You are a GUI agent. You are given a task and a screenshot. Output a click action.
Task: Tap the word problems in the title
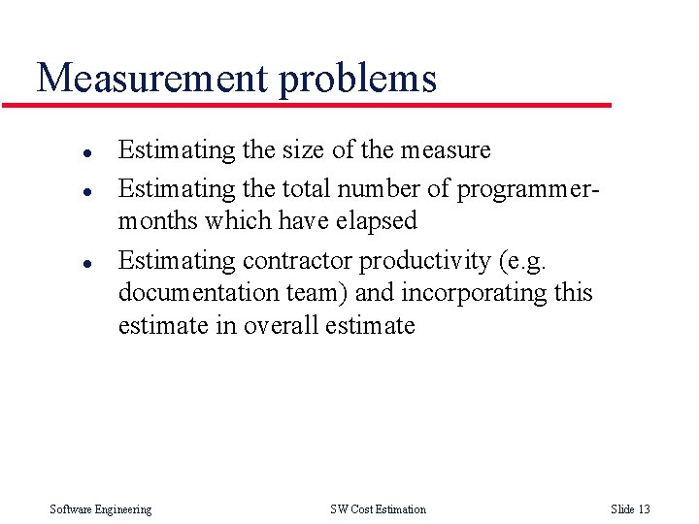[x=358, y=80]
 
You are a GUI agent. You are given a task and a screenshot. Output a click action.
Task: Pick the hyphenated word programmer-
[x=528, y=189]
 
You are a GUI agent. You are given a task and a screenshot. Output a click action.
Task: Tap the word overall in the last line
[x=283, y=325]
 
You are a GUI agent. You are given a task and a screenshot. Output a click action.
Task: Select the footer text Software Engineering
[x=101, y=509]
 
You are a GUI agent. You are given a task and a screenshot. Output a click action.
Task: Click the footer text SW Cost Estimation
[x=378, y=509]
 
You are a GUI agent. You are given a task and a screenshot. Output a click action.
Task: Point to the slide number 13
[x=644, y=509]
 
